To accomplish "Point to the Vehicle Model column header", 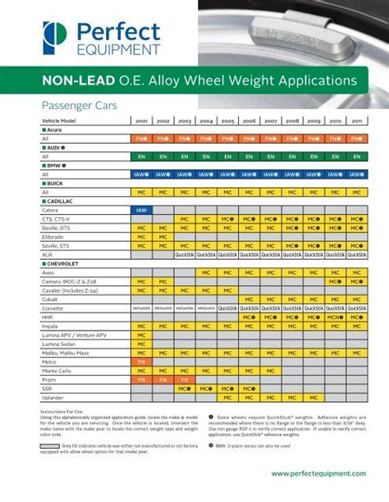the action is [58, 121].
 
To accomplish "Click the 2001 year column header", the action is [141, 121].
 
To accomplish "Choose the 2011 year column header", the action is [357, 121].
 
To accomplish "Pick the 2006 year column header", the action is [249, 121].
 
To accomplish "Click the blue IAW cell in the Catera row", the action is [141, 210].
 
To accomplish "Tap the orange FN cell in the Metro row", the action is [141, 362].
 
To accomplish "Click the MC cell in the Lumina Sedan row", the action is [141, 344].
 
